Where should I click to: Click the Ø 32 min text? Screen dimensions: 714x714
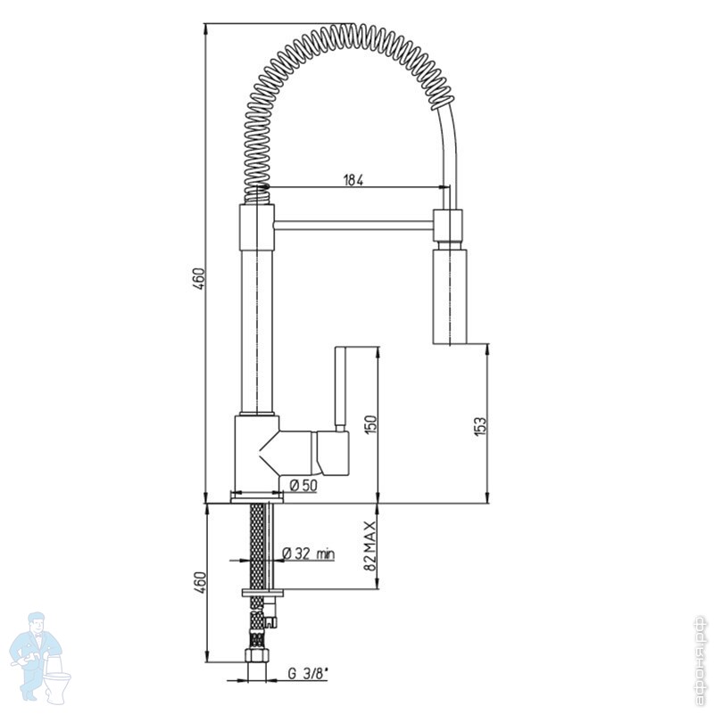tap(308, 554)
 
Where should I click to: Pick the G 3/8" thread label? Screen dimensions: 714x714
tap(305, 675)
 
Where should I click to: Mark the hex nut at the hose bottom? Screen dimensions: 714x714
tap(257, 664)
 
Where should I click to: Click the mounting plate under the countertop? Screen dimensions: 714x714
tap(262, 592)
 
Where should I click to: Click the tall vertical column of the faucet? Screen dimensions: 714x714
tap(257, 330)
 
